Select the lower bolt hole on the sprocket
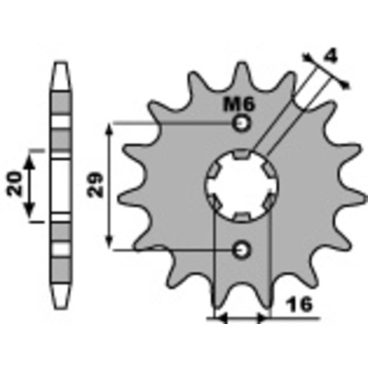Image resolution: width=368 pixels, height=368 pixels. click(x=241, y=249)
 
